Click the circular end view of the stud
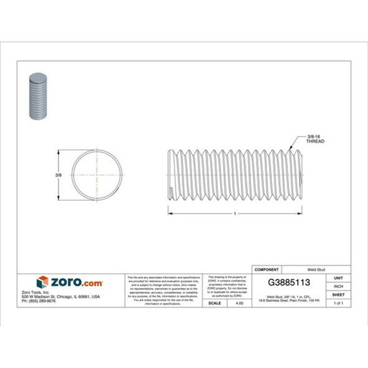pyautogui.click(x=97, y=175)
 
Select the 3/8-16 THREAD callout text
pyautogui.click(x=315, y=138)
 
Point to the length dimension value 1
pyautogui.click(x=235, y=213)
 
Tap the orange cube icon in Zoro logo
pyautogui.click(x=42, y=282)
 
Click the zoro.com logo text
pyautogui.click(x=76, y=283)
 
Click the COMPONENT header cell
pyautogui.click(x=268, y=270)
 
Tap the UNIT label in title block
pyautogui.click(x=339, y=278)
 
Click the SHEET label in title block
pyautogui.click(x=339, y=294)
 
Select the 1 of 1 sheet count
pyautogui.click(x=339, y=303)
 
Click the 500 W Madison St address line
pyautogui.click(x=69, y=296)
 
